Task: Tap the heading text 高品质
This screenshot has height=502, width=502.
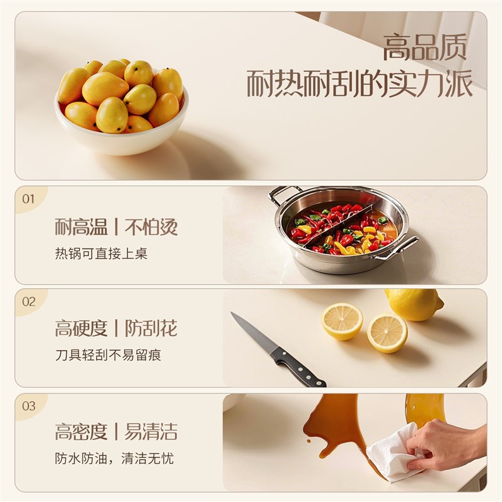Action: pos(425,48)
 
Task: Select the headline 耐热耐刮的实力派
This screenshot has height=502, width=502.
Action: pos(360,85)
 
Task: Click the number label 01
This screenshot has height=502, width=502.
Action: pos(29,199)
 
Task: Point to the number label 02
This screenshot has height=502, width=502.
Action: pos(29,301)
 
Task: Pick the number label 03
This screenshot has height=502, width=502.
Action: pos(29,406)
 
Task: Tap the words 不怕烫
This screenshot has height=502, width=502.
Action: pos(151,227)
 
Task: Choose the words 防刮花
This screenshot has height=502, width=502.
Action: pos(151,328)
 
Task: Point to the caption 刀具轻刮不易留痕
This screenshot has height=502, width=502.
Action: pos(108,355)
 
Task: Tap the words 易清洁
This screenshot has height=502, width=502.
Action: pos(151,432)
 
